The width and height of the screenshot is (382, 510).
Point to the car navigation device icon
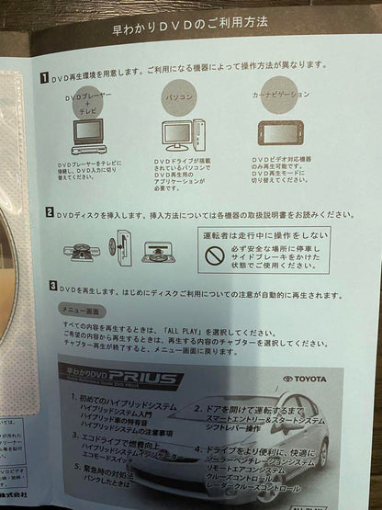point(276,133)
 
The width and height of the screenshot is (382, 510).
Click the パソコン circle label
point(179,97)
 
